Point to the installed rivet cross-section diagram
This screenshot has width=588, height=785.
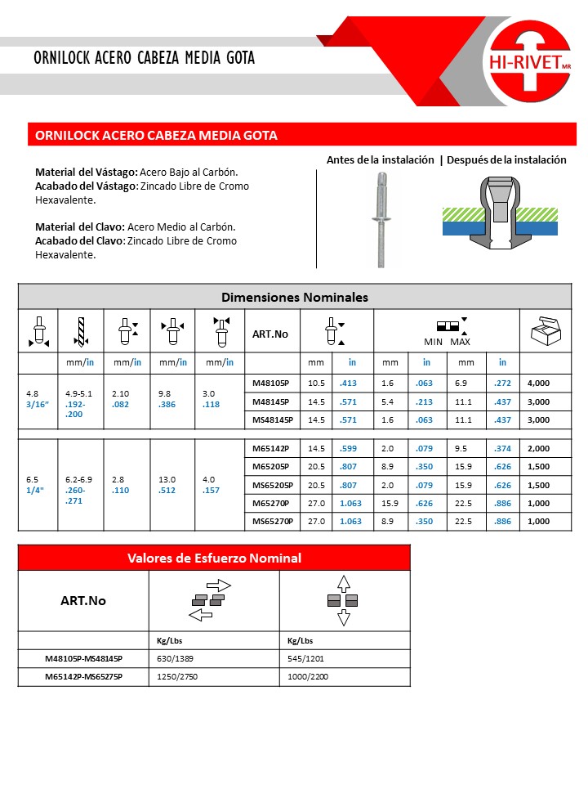coord(499,214)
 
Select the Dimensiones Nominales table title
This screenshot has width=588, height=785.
coord(295,297)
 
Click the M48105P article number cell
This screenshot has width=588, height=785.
coord(271,383)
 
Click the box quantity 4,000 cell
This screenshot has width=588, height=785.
coord(538,383)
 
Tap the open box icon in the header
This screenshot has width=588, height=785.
coord(545,332)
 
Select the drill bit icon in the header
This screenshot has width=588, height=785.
coord(80,331)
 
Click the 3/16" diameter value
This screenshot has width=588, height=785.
coord(37,402)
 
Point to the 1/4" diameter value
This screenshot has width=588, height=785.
coord(36,490)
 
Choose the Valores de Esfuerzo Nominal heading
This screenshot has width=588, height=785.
coord(214,558)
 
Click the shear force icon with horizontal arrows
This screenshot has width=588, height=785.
coord(213,599)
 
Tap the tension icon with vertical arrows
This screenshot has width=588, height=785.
coord(343,600)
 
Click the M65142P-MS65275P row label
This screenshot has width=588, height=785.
coord(83,677)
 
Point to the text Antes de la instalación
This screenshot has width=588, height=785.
coord(380,160)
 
